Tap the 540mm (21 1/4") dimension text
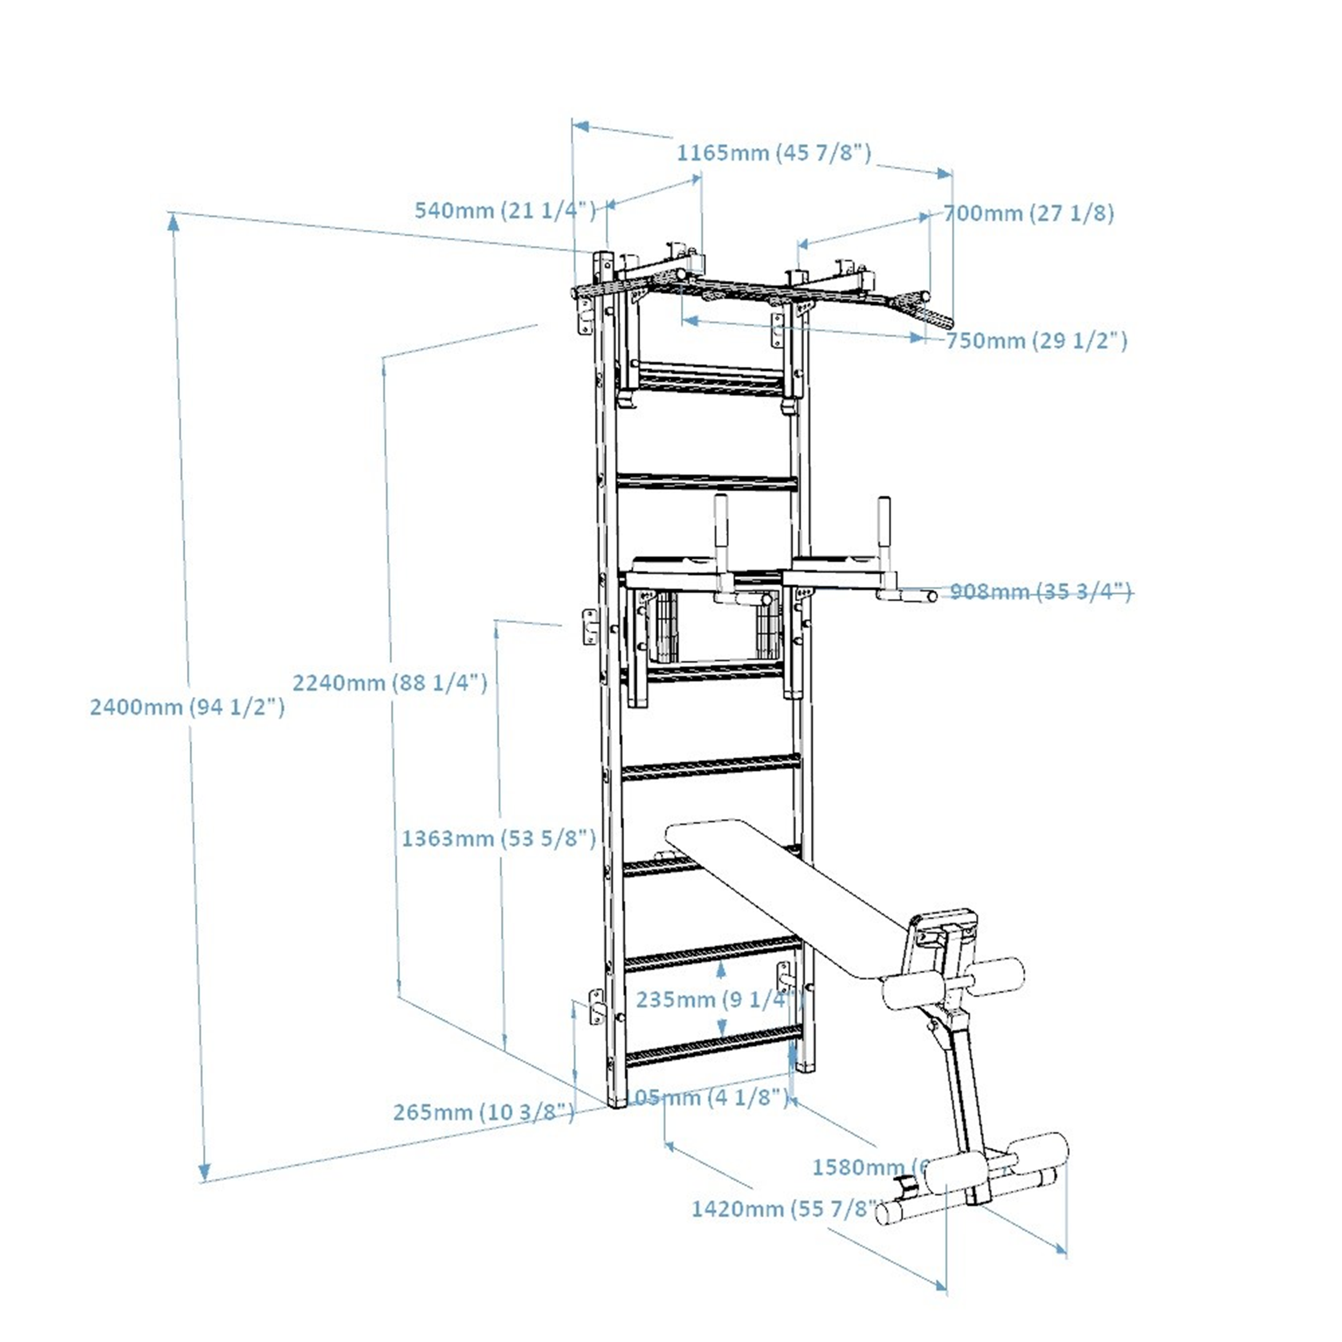coord(505,210)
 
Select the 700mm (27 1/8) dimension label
coord(1028,213)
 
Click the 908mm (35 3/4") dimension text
coord(1040,592)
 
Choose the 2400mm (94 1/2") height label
coord(187,707)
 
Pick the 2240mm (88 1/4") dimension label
coord(390,683)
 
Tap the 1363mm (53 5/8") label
coord(498,838)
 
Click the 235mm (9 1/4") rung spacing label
coord(719,1000)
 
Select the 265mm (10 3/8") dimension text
coord(484,1112)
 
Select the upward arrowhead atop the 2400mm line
coord(173,221)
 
